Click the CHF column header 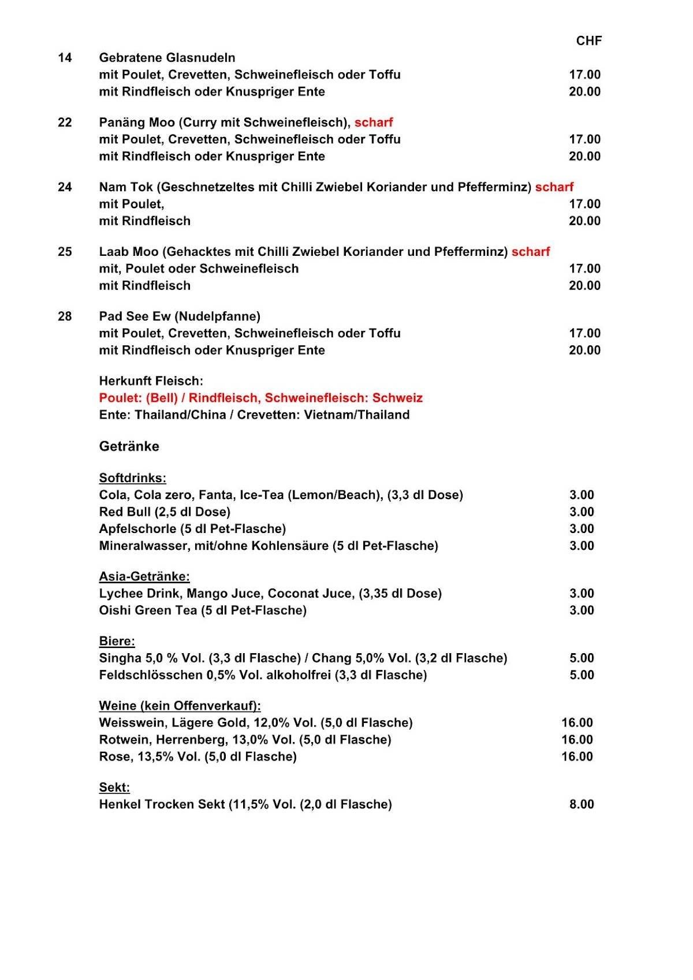pos(588,40)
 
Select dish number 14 pos(65,58)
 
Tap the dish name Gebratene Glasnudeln pos(167,58)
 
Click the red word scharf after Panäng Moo pos(373,122)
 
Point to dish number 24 pos(65,187)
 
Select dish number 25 pos(65,252)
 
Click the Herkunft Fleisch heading pos(151,381)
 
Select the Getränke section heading pos(129,446)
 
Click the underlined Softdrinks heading pos(132,478)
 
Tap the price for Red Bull pos(581,512)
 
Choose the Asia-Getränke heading pos(144,576)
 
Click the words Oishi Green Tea pos(148,610)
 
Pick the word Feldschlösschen pos(150,675)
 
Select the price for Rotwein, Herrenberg pos(577,740)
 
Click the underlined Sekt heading pos(114,788)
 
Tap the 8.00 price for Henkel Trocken pos(581,804)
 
